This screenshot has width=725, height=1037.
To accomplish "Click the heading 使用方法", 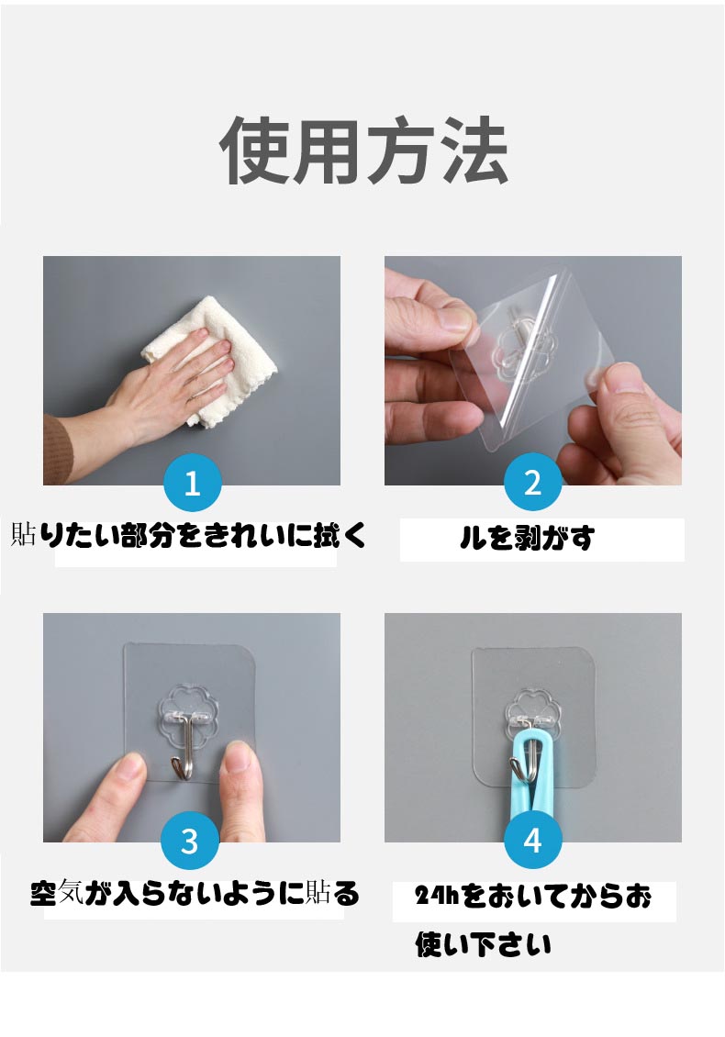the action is coord(363,151).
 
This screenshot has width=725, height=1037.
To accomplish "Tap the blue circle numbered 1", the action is coord(192,483).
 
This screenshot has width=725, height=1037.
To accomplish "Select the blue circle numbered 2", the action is coord(532,483).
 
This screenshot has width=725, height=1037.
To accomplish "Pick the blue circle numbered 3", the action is coord(190,841).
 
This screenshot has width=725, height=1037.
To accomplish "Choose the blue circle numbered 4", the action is coord(532,841).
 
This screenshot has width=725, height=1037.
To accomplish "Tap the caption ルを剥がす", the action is coord(527,539).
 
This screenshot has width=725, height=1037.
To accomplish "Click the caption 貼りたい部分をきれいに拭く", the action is coord(188,535).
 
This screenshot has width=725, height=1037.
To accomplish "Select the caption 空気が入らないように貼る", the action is coord(195,893).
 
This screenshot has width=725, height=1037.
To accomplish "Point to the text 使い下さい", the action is coord(483,943).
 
